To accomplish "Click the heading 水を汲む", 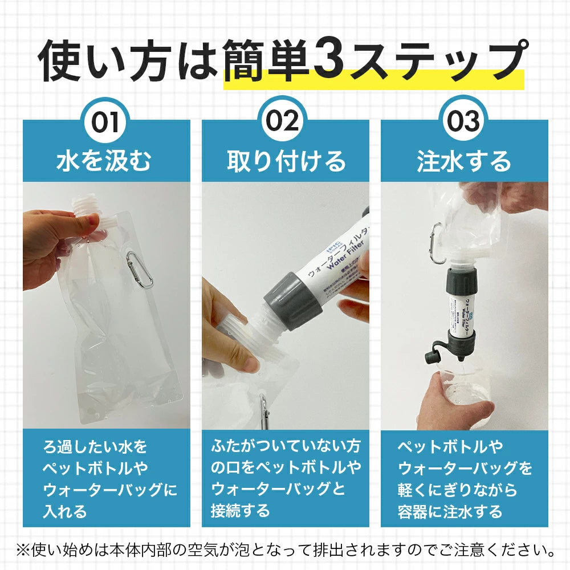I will coord(106,161).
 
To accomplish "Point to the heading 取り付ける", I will coord(286,161).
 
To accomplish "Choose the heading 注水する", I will coord(464,161).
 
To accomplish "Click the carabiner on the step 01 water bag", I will coord(139,269).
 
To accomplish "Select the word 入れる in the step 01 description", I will coord(66,511).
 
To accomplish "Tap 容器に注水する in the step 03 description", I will coord(450,511).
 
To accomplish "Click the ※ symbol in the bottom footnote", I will coord(23,551).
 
